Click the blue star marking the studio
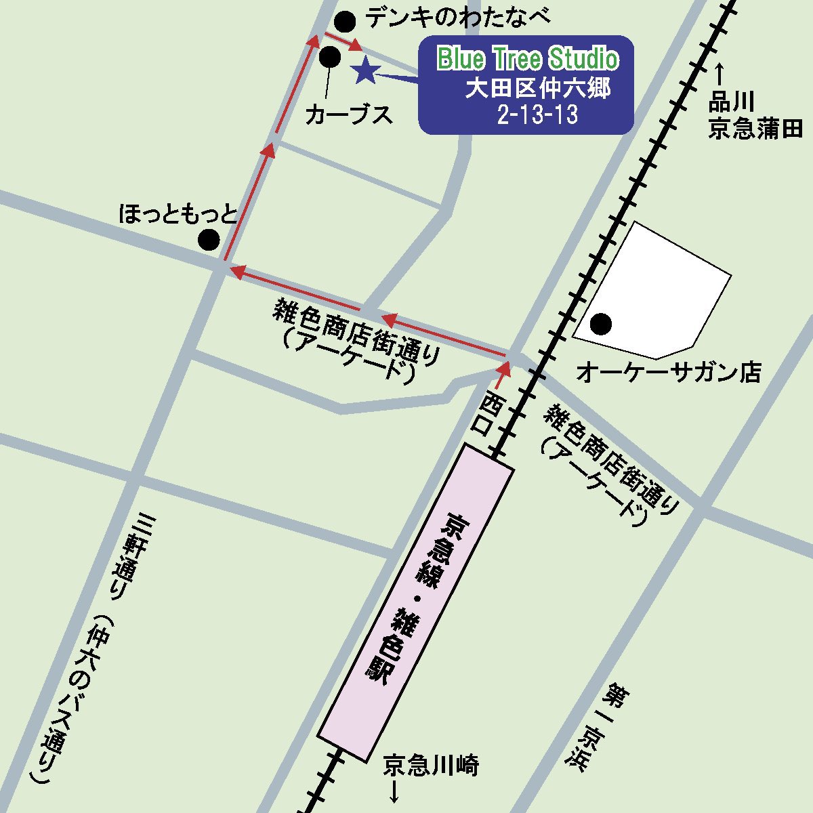(365, 70)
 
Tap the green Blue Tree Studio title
(528, 59)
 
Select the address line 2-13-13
(537, 114)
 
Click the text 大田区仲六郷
(537, 89)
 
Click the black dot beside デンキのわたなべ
(346, 22)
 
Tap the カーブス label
(349, 114)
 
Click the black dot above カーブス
(330, 57)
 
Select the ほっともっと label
(178, 215)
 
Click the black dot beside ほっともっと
(209, 239)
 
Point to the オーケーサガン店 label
(668, 372)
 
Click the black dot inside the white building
(601, 325)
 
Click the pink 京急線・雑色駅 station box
(415, 602)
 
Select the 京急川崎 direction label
(431, 766)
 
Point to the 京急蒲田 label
(755, 128)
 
